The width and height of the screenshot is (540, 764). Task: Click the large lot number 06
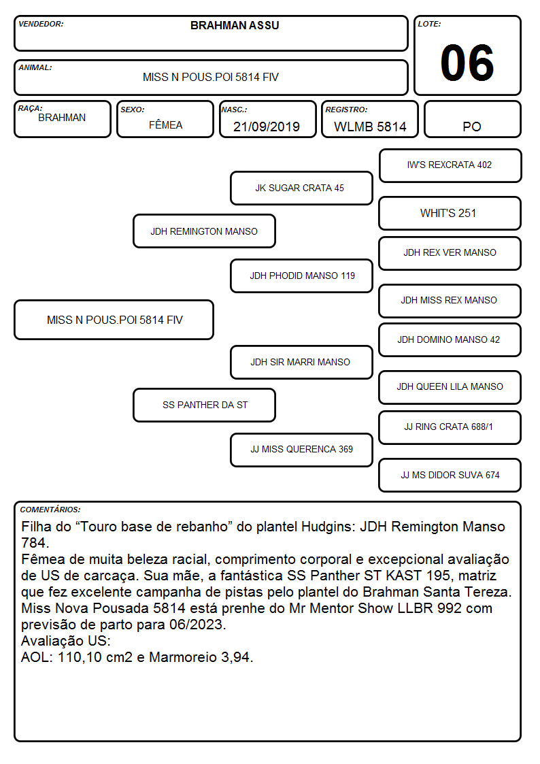point(467,63)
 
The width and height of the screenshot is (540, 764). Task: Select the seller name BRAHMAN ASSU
point(235,25)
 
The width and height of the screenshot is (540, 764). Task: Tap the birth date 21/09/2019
point(267,127)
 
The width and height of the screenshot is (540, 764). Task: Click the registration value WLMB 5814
point(370,127)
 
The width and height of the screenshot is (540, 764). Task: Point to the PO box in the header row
point(472,119)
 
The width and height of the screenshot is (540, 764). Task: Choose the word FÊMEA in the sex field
point(165,124)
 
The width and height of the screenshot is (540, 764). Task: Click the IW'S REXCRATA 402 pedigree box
point(450,166)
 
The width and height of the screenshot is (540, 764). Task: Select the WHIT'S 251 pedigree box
point(450,213)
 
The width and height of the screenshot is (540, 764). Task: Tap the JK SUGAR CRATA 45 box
point(301,188)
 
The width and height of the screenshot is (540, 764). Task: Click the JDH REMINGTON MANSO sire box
point(204,231)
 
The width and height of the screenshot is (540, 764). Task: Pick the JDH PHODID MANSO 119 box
point(301,276)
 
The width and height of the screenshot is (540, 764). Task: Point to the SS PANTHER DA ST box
point(204,405)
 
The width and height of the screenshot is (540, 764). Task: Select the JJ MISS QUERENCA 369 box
point(301,450)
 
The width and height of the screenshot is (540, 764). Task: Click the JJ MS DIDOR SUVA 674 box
point(450,475)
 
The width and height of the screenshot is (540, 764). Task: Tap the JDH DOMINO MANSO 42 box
point(450,339)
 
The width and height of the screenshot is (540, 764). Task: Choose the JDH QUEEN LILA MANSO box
point(450,387)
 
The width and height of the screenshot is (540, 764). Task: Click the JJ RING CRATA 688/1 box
point(450,427)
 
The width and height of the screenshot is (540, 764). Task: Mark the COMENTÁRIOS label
point(50,510)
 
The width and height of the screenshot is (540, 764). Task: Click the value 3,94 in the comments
point(235,657)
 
